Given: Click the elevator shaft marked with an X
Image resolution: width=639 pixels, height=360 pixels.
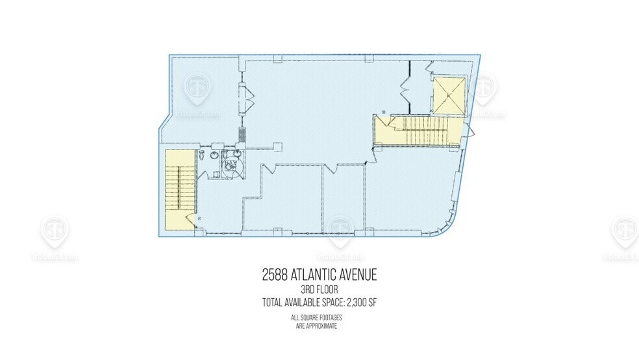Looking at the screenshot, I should pyautogui.click(x=449, y=96).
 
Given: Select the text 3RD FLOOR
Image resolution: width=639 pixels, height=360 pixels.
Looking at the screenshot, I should pyautogui.click(x=319, y=290).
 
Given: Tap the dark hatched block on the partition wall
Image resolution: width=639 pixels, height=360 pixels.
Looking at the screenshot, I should pyautogui.click(x=242, y=135).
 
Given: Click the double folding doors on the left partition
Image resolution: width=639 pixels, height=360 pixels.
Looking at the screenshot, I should pyautogui.click(x=247, y=97).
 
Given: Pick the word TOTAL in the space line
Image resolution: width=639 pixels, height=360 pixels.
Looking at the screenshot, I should pyautogui.click(x=273, y=302).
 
